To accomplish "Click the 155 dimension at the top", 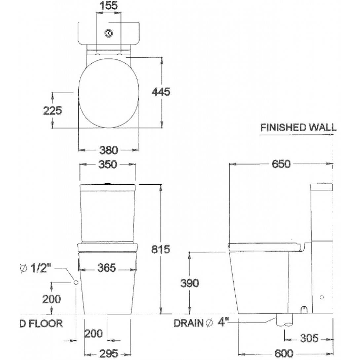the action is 109,5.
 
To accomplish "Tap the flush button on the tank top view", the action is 109,33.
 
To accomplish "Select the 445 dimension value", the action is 161,91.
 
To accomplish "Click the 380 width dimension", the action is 109,150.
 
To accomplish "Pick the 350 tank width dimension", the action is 108,164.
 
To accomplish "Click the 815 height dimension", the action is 161,249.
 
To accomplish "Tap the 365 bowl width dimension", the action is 107,268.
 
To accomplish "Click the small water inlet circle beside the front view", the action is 76,282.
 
